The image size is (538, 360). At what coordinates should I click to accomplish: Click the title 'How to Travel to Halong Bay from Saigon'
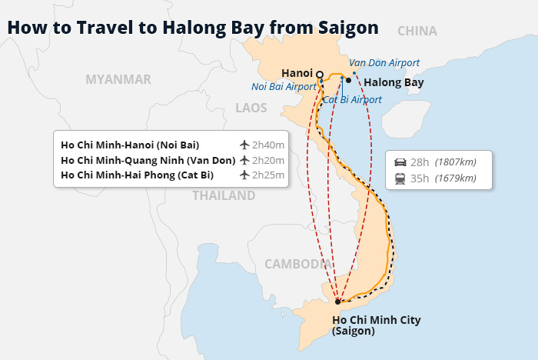coord(192,28)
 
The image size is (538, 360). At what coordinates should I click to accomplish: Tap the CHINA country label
coord(417,32)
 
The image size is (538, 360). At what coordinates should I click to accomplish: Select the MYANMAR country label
coord(118,79)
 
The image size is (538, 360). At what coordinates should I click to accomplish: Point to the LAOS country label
coord(251,108)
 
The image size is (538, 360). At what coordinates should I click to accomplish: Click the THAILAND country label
coord(223,195)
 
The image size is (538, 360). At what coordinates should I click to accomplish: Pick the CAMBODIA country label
coord(297,264)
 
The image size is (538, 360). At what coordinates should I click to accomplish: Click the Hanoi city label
coord(297,72)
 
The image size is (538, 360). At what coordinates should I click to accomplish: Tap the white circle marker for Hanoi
coord(320,75)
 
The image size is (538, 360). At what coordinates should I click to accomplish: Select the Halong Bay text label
coord(393,82)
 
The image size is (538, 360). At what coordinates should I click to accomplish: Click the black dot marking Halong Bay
coord(348,80)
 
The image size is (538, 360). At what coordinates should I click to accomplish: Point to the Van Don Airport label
coord(384,62)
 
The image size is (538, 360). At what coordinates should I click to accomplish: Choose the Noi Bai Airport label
coord(284,87)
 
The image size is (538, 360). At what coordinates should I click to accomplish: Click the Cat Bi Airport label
coord(352,100)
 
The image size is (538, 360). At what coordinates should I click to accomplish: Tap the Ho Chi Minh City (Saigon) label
coord(376,325)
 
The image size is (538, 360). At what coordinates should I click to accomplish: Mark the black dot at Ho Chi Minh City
coord(337,302)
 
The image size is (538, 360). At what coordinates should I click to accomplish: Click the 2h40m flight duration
coord(268,145)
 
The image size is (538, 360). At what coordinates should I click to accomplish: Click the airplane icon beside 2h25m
coord(244,175)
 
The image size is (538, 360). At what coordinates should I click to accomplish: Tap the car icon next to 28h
coord(400,162)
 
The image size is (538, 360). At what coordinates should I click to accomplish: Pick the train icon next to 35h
coord(400,178)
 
